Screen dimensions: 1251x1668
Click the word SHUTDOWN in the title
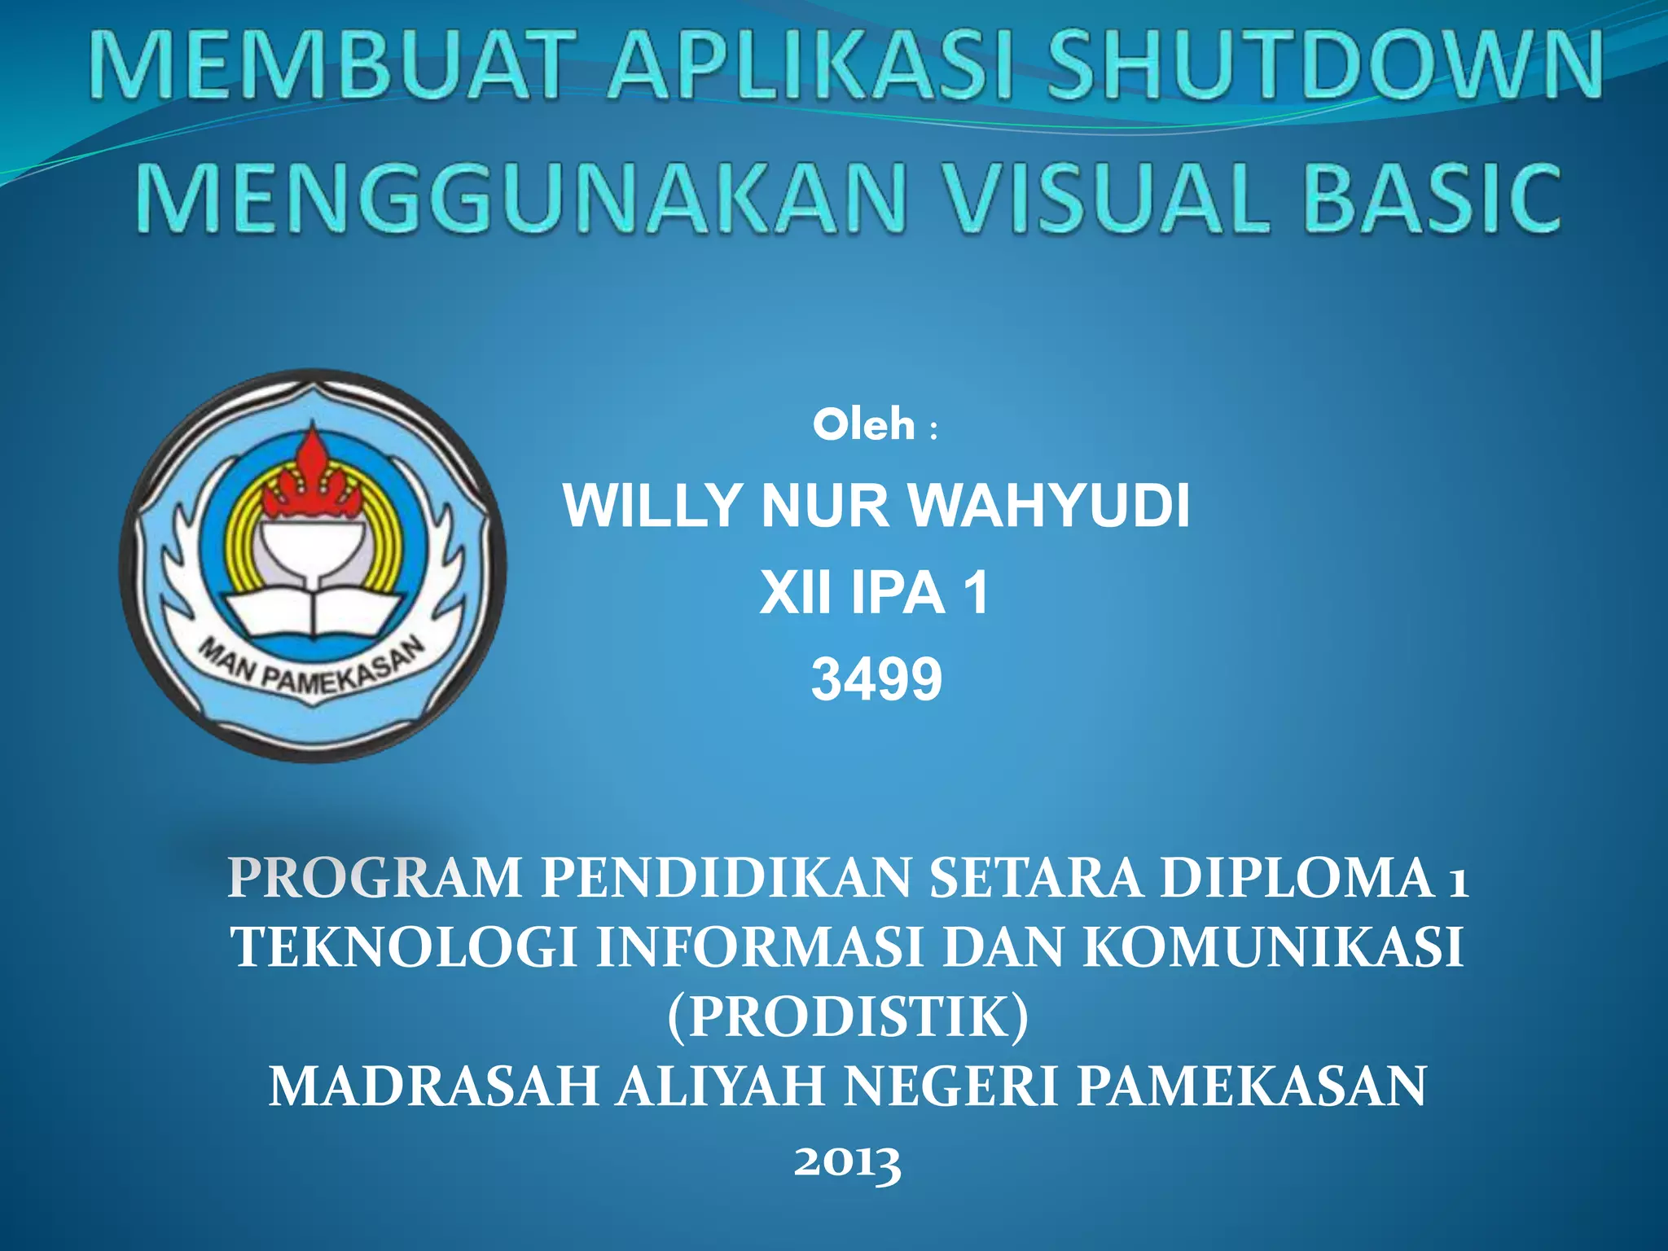pyautogui.click(x=1323, y=65)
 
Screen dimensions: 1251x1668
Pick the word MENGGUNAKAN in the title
pyautogui.click(x=521, y=198)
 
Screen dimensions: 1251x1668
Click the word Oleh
pyautogui.click(x=863, y=425)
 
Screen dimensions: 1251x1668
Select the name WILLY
pyautogui.click(x=652, y=507)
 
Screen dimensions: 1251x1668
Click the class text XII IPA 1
pyautogui.click(x=875, y=593)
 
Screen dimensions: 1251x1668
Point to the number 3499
pyautogui.click(x=876, y=679)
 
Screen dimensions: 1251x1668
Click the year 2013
pyautogui.click(x=847, y=1161)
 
